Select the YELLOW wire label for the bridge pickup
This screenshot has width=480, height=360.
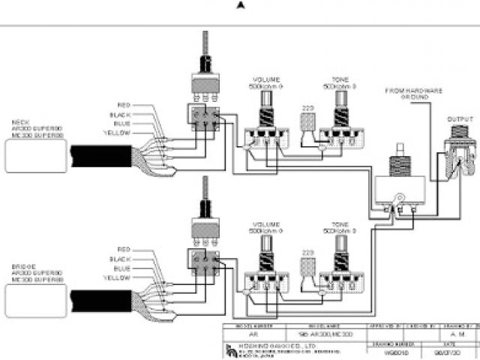point(118,277)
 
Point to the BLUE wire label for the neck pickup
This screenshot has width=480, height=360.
point(121,123)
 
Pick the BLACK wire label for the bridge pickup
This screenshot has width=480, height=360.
point(121,259)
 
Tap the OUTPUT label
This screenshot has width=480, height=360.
point(459,119)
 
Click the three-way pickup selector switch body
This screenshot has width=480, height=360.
point(397,192)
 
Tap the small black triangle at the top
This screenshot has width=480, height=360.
point(240,5)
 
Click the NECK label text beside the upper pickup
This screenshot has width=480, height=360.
point(20,121)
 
